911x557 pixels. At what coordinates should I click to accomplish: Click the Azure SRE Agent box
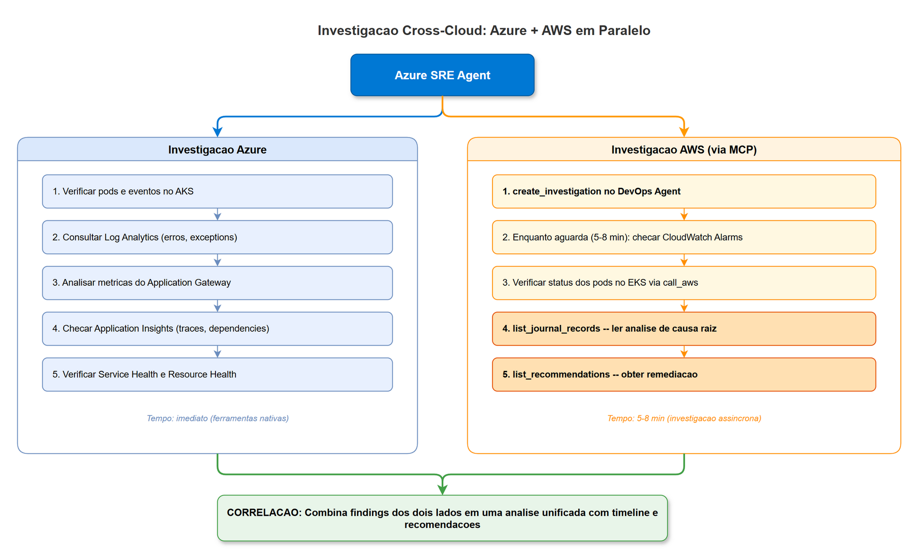(x=442, y=75)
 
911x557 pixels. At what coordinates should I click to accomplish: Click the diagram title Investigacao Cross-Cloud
(x=484, y=30)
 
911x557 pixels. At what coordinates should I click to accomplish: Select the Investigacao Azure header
(x=217, y=150)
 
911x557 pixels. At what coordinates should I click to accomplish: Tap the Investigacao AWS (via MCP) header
(x=684, y=150)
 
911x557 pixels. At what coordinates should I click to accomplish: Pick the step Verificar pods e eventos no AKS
(x=217, y=192)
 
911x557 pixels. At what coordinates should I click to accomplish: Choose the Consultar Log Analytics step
(x=217, y=237)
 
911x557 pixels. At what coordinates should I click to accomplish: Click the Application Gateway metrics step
(x=217, y=283)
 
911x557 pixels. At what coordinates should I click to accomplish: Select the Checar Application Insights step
(x=217, y=329)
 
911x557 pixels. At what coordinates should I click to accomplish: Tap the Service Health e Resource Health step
(x=217, y=375)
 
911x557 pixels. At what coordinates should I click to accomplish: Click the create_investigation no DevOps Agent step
(x=684, y=192)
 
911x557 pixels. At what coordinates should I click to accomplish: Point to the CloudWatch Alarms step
(x=684, y=237)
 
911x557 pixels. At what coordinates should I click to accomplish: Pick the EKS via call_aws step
(x=684, y=283)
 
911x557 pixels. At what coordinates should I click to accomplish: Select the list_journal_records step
(x=684, y=329)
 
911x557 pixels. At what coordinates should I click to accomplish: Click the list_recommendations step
(x=684, y=375)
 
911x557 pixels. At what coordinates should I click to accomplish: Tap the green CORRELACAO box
(x=442, y=518)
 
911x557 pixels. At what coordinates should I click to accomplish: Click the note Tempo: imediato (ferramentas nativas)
(x=218, y=418)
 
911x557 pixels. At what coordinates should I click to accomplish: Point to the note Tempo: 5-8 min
(x=684, y=418)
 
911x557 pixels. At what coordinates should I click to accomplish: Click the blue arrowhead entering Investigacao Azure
(x=218, y=132)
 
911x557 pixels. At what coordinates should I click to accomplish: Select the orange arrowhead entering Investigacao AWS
(x=684, y=132)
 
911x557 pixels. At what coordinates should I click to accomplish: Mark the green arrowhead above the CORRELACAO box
(x=442, y=490)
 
